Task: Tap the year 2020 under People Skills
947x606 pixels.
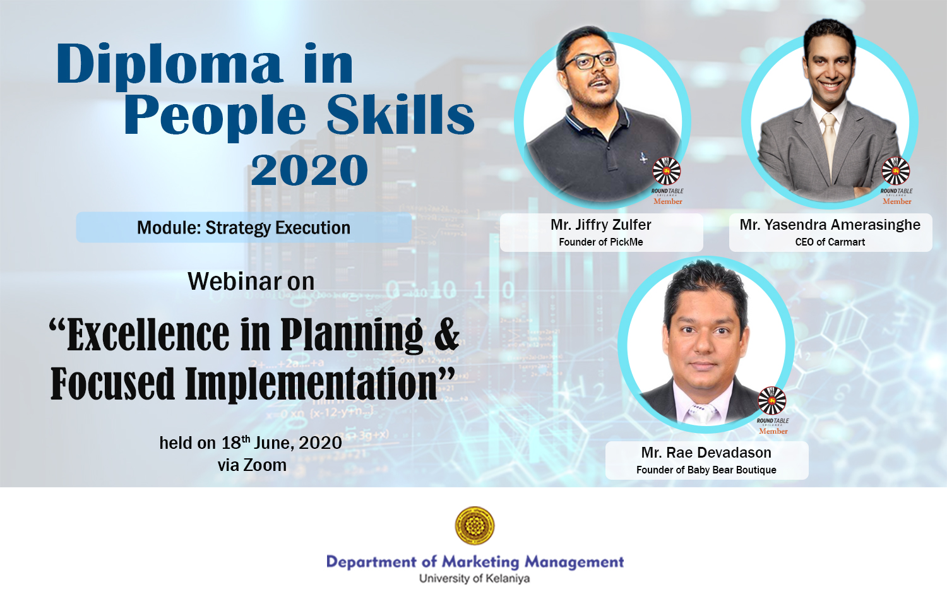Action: click(x=309, y=170)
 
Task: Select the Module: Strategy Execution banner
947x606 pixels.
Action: click(x=244, y=227)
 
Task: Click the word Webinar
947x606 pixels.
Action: click(x=234, y=281)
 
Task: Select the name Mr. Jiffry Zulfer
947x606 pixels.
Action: click(x=601, y=225)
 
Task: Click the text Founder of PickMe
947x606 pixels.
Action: click(x=601, y=242)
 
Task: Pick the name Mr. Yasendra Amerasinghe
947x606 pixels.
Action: click(x=830, y=225)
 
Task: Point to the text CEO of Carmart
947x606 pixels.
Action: click(x=830, y=242)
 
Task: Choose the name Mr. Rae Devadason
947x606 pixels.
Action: click(x=706, y=453)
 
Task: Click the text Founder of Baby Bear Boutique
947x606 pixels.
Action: click(x=706, y=470)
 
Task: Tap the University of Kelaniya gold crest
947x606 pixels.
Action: click(x=474, y=526)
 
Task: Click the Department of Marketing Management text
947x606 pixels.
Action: click(x=475, y=562)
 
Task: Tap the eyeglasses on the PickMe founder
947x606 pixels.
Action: click(x=590, y=61)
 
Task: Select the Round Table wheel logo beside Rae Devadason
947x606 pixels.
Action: click(x=772, y=400)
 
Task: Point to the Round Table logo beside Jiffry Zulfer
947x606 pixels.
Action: click(x=667, y=170)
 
